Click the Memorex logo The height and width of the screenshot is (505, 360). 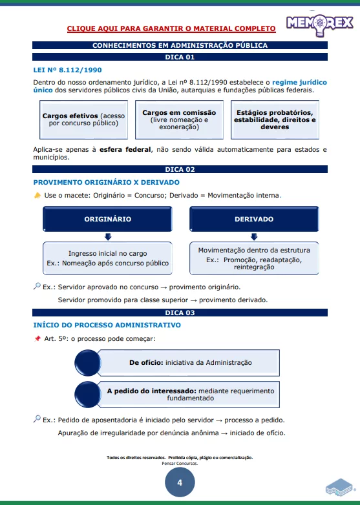tap(319, 23)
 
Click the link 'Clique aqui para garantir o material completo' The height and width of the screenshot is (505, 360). tap(171, 28)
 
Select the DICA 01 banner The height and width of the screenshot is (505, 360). tap(180, 57)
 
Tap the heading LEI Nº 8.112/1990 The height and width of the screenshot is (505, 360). tap(67, 70)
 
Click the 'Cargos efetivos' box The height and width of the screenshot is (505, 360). tap(83, 119)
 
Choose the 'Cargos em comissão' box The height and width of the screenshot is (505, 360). tap(179, 119)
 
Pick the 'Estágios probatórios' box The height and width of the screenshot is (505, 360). tap(275, 119)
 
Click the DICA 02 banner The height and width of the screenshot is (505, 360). tap(180, 169)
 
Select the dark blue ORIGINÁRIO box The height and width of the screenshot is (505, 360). tap(108, 219)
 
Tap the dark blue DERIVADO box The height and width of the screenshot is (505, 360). tap(253, 219)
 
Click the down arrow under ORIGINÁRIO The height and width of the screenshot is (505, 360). tap(108, 237)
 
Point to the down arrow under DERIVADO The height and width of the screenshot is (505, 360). tap(253, 237)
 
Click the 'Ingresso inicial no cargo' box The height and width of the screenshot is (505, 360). tap(108, 258)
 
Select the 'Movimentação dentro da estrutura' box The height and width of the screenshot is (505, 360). tap(253, 258)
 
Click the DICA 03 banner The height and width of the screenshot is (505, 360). tap(180, 313)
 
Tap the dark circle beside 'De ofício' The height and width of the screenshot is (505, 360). tap(89, 363)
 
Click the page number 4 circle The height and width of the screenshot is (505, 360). tap(180, 482)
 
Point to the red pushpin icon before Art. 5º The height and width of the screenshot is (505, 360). tap(37, 338)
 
